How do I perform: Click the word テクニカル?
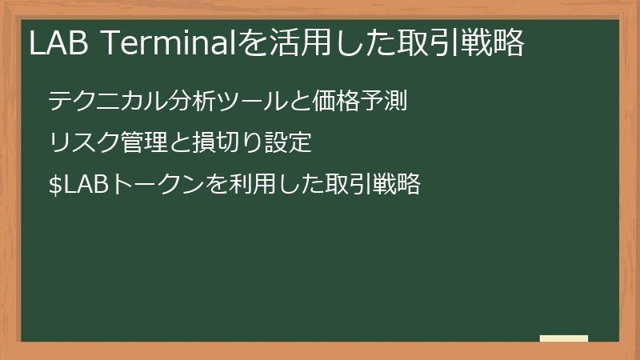[x=98, y=102]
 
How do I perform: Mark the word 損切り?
[x=222, y=143]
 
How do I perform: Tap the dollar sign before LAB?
[x=54, y=185]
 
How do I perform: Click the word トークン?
[x=151, y=185]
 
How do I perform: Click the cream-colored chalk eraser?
[x=564, y=338]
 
